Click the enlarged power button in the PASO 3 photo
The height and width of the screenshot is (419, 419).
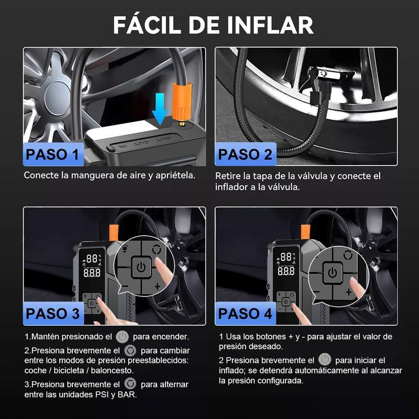140,268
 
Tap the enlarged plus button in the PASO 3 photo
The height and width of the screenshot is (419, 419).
157,286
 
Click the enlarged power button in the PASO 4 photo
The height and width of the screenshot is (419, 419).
332,272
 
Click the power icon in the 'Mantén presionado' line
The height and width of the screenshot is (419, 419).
122,336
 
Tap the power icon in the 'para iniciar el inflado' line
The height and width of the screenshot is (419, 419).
325,360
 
